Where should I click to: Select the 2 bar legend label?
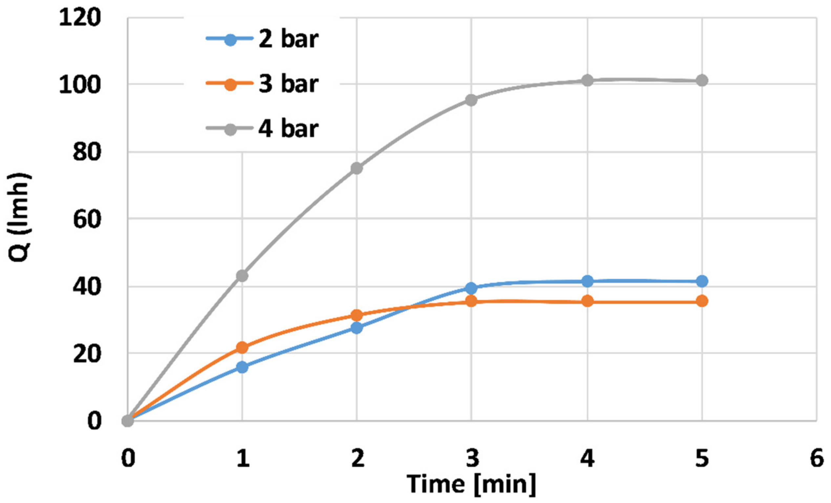[288, 40]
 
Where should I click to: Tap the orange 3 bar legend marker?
[231, 84]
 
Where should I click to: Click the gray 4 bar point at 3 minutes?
[471, 100]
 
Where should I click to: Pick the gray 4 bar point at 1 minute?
[242, 276]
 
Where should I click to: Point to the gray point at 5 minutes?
[702, 81]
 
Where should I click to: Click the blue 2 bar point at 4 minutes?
[587, 281]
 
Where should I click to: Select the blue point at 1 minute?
[242, 367]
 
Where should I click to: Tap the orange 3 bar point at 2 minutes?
[357, 316]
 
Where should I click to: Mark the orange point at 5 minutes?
[702, 301]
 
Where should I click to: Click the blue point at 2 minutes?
[357, 328]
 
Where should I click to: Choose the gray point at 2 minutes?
[357, 168]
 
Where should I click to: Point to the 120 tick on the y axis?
[80, 17]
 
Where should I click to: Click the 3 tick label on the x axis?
[472, 459]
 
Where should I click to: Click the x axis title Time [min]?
[472, 484]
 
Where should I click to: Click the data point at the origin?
[127, 421]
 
